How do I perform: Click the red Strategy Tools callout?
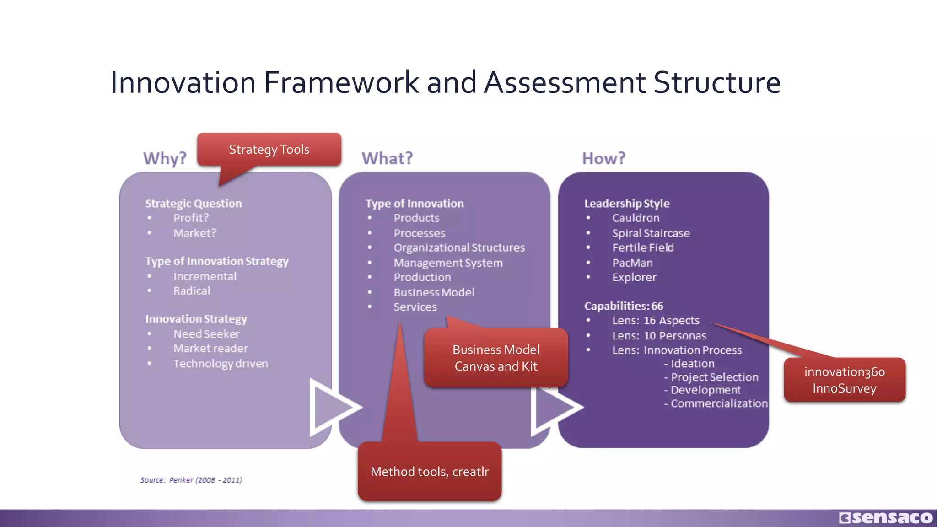coord(269,150)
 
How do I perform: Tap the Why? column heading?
coord(165,158)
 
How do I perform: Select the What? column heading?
coord(387,158)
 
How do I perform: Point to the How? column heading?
coord(603,158)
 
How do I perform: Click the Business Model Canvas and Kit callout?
coord(496,358)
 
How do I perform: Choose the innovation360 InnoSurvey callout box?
coord(844,380)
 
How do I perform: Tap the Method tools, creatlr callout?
coord(430,472)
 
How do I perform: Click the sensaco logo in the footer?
coord(886,517)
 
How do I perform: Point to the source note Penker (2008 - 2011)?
coord(191,480)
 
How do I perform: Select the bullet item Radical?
coord(192,291)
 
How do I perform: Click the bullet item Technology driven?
coord(221,364)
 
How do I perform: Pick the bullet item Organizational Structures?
coord(459,247)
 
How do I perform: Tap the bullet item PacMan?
coord(632,263)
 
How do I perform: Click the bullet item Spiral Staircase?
coord(651,233)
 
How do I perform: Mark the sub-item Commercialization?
coord(718,403)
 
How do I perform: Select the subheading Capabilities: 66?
coord(624,306)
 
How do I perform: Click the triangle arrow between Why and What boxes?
coord(333,407)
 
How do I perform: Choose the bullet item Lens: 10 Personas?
coord(659,336)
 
